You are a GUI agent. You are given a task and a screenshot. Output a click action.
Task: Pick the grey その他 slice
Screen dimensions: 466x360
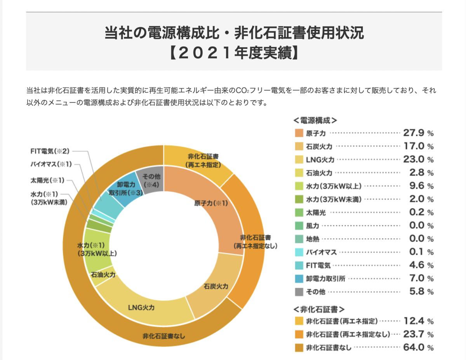(151, 180)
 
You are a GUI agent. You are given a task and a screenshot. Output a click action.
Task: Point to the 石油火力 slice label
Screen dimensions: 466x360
(103, 275)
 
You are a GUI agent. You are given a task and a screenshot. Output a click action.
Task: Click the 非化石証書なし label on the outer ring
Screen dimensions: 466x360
(163, 336)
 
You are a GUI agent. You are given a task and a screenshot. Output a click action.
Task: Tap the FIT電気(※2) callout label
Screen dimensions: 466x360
(50, 151)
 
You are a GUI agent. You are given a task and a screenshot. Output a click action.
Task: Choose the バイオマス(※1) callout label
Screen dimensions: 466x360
(51, 164)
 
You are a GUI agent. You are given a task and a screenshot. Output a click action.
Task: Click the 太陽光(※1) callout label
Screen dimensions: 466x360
(47, 180)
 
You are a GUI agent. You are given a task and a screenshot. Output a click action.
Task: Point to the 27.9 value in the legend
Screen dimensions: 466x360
(414, 133)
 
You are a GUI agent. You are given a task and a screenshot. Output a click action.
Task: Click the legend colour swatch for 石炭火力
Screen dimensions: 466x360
(299, 146)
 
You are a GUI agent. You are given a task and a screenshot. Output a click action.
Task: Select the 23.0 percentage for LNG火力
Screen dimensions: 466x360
(414, 159)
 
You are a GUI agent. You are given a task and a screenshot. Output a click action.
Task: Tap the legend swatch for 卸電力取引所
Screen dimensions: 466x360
(299, 279)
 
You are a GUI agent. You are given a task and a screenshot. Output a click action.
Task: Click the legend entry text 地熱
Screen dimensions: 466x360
(313, 239)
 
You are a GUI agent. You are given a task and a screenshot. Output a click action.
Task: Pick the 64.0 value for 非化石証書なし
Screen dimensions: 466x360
(414, 347)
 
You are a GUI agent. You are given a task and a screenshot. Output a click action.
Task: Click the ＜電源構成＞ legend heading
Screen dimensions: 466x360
(315, 120)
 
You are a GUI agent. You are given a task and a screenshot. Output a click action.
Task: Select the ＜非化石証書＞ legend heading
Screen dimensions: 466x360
(319, 309)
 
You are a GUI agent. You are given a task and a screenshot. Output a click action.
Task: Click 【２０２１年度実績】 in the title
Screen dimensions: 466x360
(234, 53)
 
